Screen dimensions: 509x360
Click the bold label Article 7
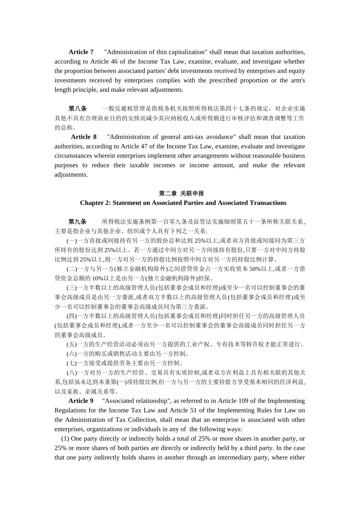(81, 52)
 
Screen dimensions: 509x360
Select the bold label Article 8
(83, 137)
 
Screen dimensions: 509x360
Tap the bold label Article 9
(81, 401)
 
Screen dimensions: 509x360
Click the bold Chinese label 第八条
(77, 109)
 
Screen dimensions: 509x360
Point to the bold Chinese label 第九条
(77, 222)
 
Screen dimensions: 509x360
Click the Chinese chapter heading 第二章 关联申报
(182, 194)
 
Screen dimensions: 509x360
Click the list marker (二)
(72, 269)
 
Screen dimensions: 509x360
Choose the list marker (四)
(72, 316)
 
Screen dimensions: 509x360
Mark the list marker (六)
(72, 354)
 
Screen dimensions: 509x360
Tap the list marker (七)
(72, 363)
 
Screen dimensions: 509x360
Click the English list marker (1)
(65, 439)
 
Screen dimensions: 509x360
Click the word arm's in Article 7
(297, 80)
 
